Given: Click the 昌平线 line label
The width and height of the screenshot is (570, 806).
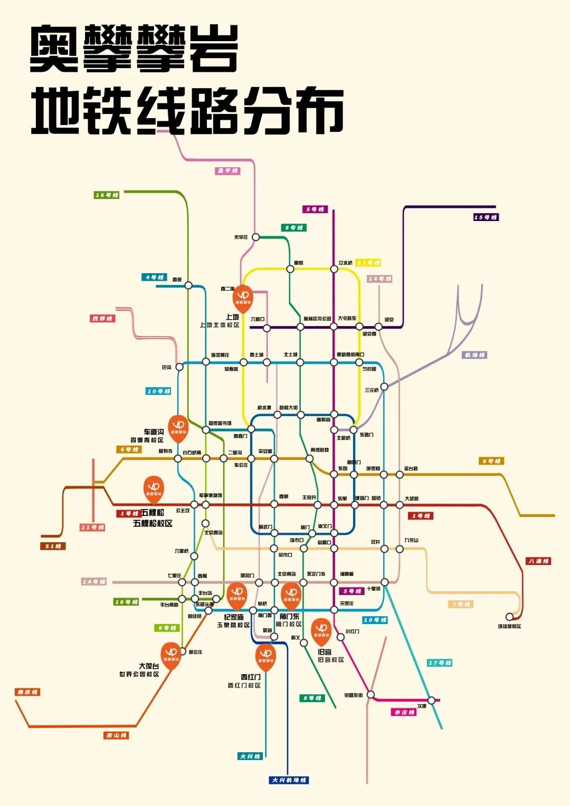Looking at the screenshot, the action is click(x=228, y=171).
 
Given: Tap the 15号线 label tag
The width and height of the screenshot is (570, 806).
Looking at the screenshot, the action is click(x=486, y=217).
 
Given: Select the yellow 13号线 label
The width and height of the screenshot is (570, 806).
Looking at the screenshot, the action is click(x=368, y=263).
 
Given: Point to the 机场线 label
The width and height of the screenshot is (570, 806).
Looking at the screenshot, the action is click(x=474, y=355).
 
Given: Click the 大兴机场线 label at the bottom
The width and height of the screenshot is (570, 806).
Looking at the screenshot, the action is click(x=289, y=780).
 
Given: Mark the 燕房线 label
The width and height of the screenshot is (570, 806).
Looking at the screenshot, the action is click(x=27, y=692).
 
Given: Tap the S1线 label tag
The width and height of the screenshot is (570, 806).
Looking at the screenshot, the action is click(x=53, y=546).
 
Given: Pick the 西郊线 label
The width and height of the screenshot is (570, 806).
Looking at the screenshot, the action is click(x=102, y=319).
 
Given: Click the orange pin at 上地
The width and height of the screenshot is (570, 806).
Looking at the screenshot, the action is click(x=243, y=298).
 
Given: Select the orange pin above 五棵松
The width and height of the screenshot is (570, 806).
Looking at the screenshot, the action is click(x=154, y=488).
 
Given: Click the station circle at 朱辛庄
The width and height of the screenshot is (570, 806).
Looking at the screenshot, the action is click(x=255, y=237).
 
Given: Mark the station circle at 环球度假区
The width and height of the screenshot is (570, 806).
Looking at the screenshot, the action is click(x=509, y=617).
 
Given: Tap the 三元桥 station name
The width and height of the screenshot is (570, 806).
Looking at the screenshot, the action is click(x=372, y=390).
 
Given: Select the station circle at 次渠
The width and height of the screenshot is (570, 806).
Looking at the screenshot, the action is click(x=431, y=701).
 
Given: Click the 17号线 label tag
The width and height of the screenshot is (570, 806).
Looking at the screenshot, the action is click(x=440, y=663).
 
